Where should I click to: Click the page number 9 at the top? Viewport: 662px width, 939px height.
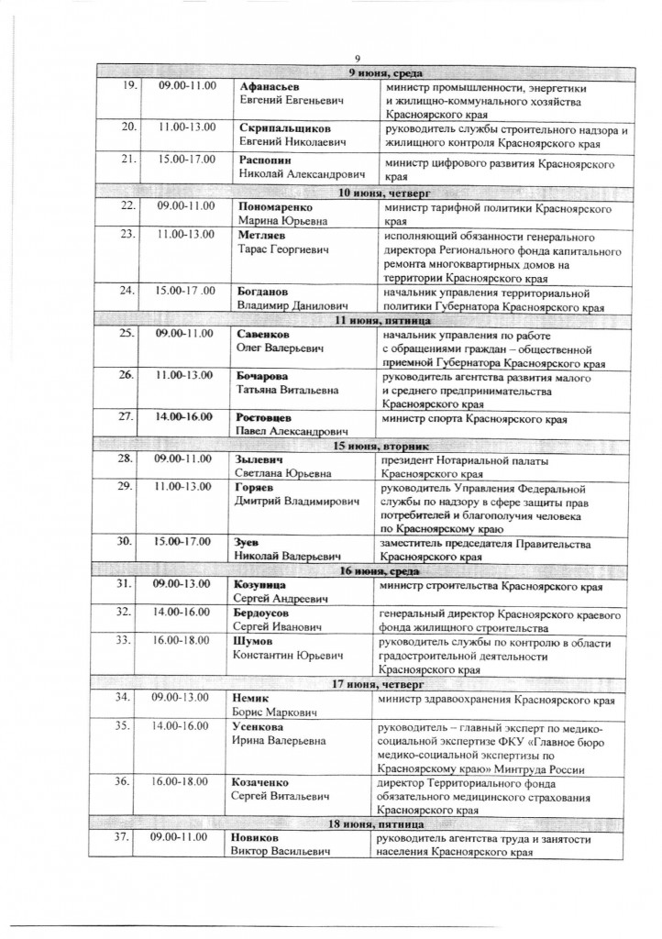[359, 59]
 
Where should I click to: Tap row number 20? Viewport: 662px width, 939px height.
[129, 128]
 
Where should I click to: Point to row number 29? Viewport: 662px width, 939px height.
[129, 487]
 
